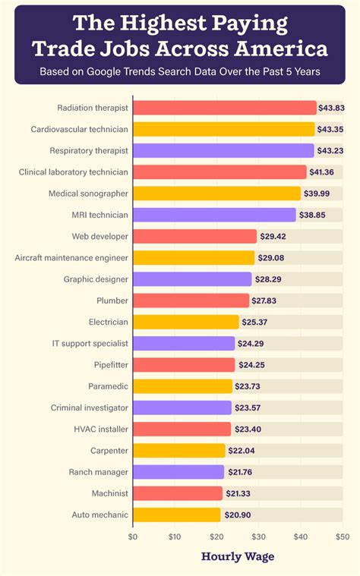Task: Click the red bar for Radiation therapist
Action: [224, 108]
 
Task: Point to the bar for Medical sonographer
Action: [216, 194]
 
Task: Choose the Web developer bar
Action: [195, 236]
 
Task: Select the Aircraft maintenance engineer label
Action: [71, 258]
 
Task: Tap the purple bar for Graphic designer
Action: [192, 279]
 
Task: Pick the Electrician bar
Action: [186, 322]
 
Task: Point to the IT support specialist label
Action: [90, 344]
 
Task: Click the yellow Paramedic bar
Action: [182, 386]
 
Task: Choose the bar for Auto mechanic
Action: [176, 515]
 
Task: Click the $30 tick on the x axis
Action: [258, 537]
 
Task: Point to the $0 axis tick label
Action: [133, 537]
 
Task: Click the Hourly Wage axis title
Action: [238, 556]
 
